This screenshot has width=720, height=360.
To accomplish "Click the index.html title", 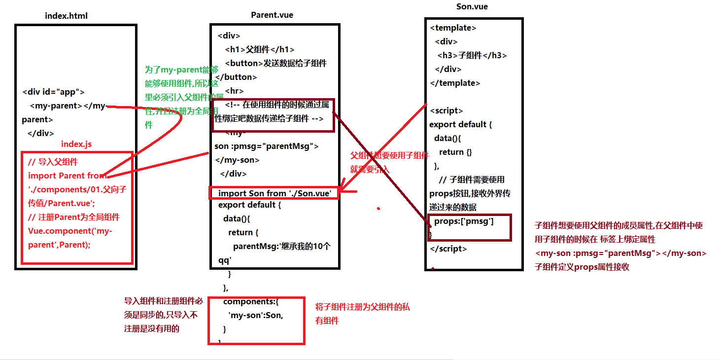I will point(66,16).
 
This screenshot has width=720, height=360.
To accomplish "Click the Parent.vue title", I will point(272,15).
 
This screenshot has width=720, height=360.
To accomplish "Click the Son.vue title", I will point(472,7).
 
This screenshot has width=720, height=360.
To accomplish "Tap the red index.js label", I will point(76,144).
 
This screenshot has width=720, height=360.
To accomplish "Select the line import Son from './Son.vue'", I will point(274,193).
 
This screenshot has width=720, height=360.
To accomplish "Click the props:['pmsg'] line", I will point(464,221).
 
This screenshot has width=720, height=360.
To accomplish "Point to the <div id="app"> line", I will point(53,92).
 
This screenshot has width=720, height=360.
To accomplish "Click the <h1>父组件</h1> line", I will point(260,49).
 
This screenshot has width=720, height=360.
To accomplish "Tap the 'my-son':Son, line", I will point(256,315).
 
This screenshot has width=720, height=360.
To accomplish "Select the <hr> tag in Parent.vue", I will point(234,91).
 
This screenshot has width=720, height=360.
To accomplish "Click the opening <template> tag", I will point(453,28).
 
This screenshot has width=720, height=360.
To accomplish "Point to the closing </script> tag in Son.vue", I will point(448,249).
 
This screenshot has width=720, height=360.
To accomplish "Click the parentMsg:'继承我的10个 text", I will point(282,246).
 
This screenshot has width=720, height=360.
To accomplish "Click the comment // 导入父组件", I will point(53,162).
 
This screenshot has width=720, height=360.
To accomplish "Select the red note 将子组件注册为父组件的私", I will point(362,307).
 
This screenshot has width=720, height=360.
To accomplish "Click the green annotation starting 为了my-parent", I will point(181,70).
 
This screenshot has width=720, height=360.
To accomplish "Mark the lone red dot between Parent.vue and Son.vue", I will point(378,209).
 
